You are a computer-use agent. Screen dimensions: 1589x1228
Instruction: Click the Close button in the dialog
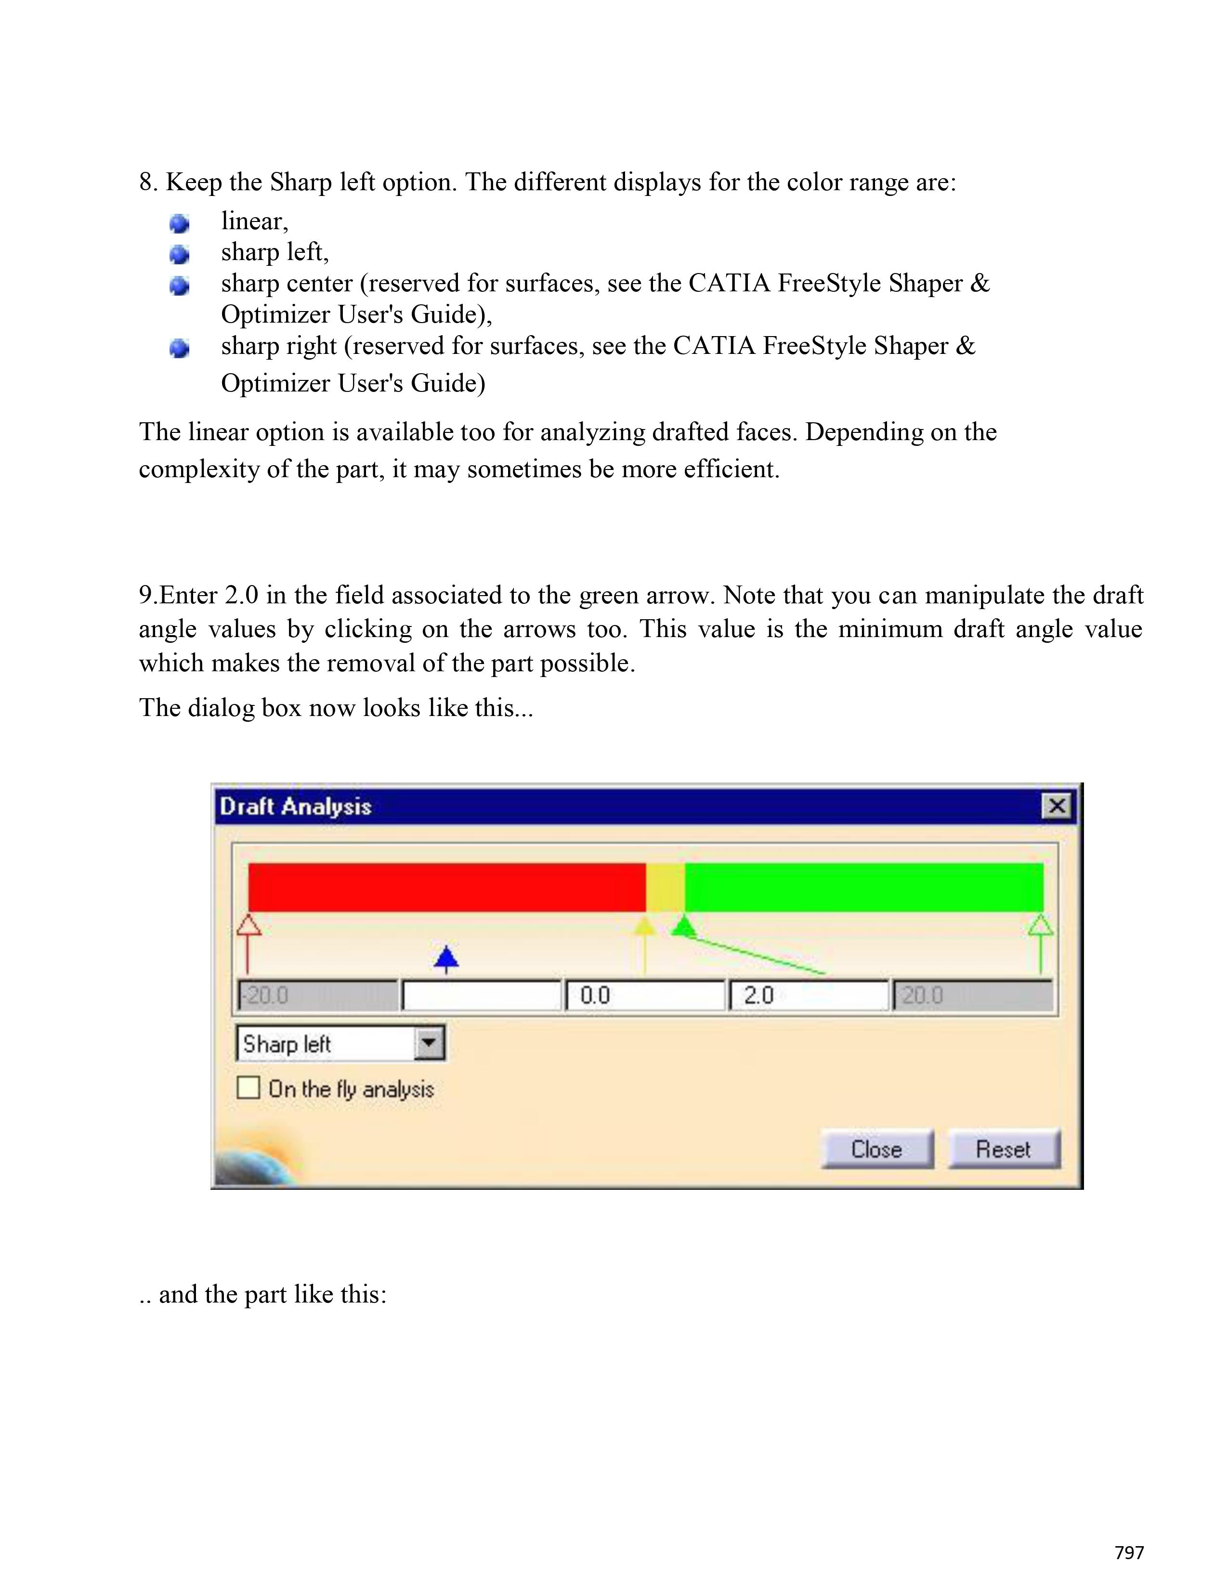(876, 1149)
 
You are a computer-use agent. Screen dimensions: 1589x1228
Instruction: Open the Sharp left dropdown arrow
(429, 1044)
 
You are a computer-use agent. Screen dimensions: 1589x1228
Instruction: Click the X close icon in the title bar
(1056, 806)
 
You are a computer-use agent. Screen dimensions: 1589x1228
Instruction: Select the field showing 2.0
(808, 995)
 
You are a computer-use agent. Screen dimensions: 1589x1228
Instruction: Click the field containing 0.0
(644, 995)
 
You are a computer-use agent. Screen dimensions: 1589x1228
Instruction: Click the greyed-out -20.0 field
(318, 995)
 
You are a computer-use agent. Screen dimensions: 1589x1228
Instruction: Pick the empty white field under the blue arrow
(482, 995)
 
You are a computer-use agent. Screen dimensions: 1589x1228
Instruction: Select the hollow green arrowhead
(1040, 926)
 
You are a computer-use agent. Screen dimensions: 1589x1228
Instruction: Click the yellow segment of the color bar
(665, 887)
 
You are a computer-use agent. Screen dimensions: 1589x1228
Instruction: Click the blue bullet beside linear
(179, 223)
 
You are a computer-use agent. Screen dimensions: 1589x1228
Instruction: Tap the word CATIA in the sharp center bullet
(729, 283)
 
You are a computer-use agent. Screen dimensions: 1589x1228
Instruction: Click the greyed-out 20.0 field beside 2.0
(972, 995)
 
